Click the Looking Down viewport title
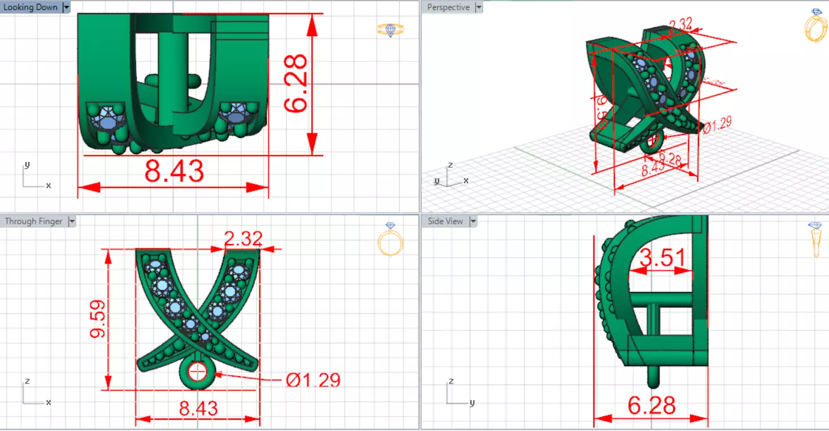(31, 7)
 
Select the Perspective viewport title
(448, 7)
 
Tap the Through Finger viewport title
(33, 221)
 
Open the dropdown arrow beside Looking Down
(66, 7)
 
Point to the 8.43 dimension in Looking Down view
(173, 171)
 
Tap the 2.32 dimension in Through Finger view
(243, 239)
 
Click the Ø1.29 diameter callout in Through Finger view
(313, 380)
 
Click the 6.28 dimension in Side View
(652, 406)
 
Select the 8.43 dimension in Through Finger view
(198, 408)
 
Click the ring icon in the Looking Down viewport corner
(390, 30)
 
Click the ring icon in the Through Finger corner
(390, 240)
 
